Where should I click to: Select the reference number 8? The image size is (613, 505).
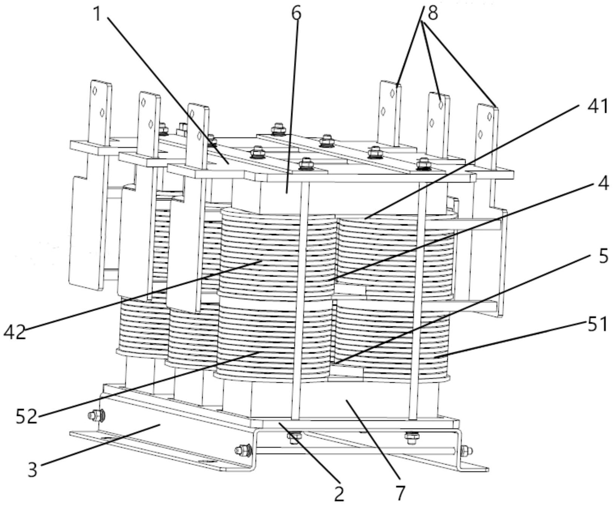pos(432,13)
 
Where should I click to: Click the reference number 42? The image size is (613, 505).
pos(15,332)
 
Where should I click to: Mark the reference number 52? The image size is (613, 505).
pos(26,416)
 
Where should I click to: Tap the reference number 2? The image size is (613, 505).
pos(339,494)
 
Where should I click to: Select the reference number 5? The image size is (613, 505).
pos(603,256)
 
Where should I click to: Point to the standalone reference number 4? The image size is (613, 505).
pos(603,183)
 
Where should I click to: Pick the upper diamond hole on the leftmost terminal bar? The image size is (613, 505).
pos(95,90)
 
